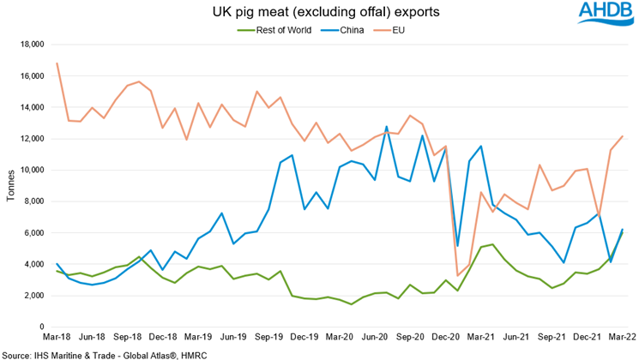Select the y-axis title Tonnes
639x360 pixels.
point(11,184)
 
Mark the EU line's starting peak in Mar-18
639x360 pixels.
point(57,63)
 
